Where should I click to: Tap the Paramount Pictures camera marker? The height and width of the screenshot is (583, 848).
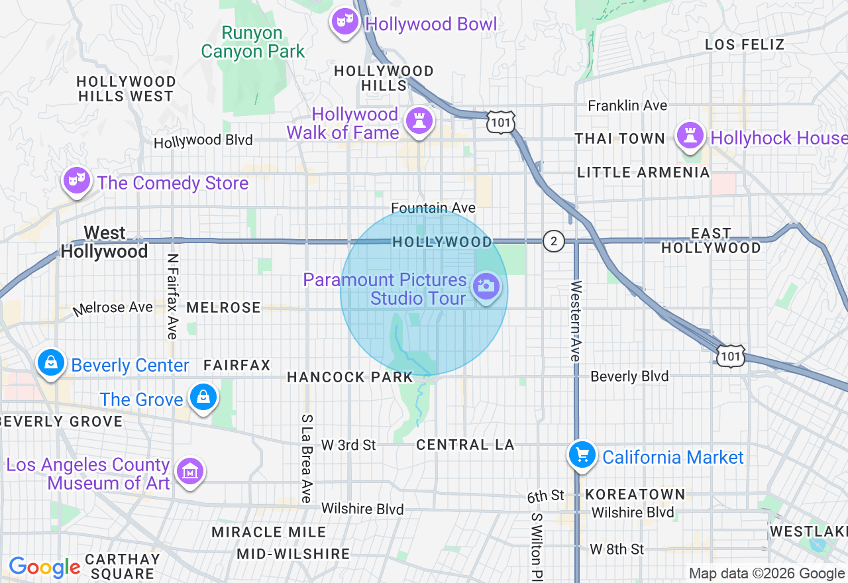486,288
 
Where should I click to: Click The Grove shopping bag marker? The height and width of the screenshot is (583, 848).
203,397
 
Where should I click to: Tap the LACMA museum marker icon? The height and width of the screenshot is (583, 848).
191,472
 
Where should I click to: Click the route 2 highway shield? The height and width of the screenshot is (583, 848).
553,241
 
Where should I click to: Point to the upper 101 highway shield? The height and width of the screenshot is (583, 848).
500,121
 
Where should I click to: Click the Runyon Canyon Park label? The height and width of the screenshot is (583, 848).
252,42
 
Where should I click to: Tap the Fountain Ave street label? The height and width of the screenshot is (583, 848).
433,208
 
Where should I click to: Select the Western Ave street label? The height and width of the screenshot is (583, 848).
575,321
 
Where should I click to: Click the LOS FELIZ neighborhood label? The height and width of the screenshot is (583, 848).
745,44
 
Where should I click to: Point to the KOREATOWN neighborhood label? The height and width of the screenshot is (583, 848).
635,494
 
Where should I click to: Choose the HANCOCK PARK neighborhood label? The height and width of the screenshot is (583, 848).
350,377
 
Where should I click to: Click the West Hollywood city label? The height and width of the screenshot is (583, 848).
105,242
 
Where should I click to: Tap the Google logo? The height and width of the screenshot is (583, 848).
44,567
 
